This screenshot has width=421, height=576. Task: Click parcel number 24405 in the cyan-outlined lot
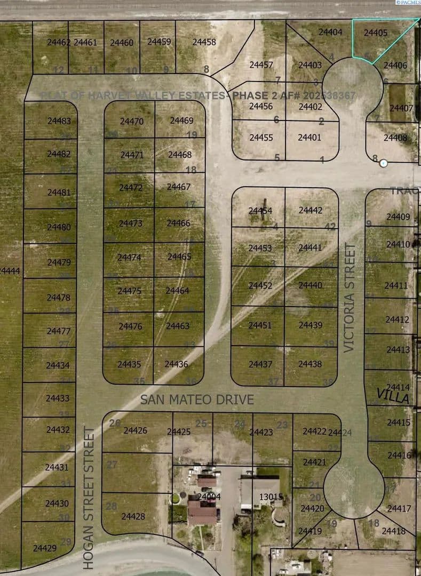click(376, 33)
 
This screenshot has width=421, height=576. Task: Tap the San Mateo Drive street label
click(197, 399)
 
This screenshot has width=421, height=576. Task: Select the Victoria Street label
click(349, 298)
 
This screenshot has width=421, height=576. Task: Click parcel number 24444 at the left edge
click(10, 271)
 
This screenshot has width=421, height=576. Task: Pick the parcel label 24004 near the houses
click(209, 497)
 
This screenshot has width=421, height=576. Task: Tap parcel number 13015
click(271, 497)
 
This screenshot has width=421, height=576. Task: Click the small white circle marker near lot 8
click(383, 163)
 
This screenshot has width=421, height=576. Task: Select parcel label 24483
click(59, 121)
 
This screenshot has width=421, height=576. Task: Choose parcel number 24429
click(44, 548)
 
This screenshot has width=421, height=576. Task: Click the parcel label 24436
click(176, 364)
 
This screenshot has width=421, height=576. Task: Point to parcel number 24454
click(260, 211)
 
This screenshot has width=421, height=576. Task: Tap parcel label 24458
click(204, 42)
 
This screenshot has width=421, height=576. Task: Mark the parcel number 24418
click(393, 531)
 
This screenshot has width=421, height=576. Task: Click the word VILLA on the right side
click(393, 396)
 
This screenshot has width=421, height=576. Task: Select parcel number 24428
click(133, 516)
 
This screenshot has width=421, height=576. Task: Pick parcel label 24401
click(309, 137)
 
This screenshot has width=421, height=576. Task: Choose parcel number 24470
click(132, 121)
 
